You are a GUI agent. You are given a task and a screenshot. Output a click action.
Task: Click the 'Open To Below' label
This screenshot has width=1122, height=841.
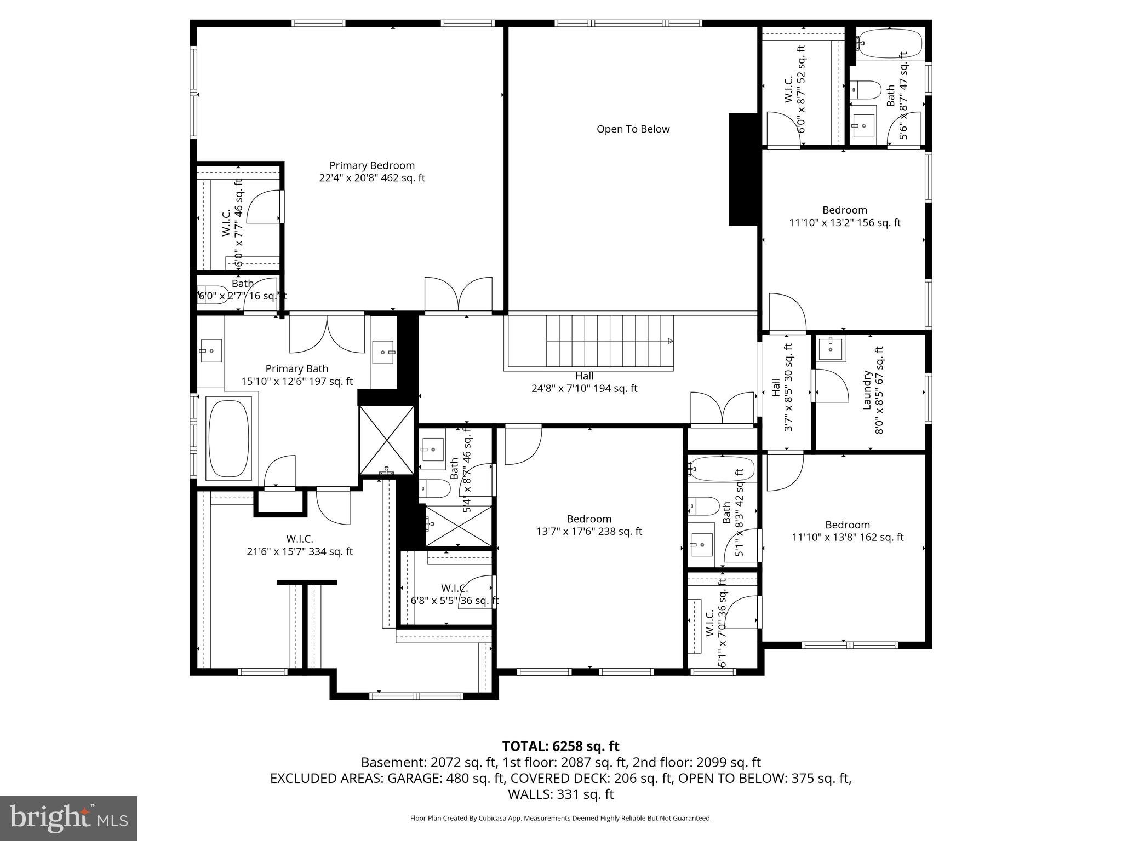[x=633, y=129]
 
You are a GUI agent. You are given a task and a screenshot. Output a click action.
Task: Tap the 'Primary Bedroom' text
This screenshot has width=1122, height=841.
[x=371, y=165]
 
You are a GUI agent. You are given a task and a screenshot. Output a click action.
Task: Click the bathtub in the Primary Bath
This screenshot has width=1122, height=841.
[x=228, y=438]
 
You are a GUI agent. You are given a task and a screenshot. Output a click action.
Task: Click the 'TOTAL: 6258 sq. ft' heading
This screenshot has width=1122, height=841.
[x=560, y=746]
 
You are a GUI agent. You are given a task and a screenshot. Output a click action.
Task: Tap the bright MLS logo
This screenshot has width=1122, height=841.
[x=68, y=818]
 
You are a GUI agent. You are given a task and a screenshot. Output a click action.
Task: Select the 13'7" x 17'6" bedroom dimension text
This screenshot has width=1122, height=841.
[x=589, y=531]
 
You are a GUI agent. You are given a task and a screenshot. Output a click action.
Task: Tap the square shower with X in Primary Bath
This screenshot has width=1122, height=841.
[x=386, y=440]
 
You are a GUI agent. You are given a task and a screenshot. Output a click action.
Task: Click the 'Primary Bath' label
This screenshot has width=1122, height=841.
[x=296, y=369]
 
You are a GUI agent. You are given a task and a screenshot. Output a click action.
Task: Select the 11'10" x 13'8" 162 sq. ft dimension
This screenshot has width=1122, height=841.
[x=848, y=538]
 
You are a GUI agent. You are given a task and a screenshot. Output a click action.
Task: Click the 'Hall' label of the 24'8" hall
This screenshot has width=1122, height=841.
[x=584, y=376]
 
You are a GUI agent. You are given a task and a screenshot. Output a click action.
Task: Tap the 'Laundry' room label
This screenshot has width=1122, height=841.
[x=867, y=390]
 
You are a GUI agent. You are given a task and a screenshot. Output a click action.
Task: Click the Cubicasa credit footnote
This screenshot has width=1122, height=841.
[x=560, y=819]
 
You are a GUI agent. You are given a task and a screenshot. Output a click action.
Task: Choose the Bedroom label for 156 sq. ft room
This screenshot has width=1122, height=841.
[x=844, y=210]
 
